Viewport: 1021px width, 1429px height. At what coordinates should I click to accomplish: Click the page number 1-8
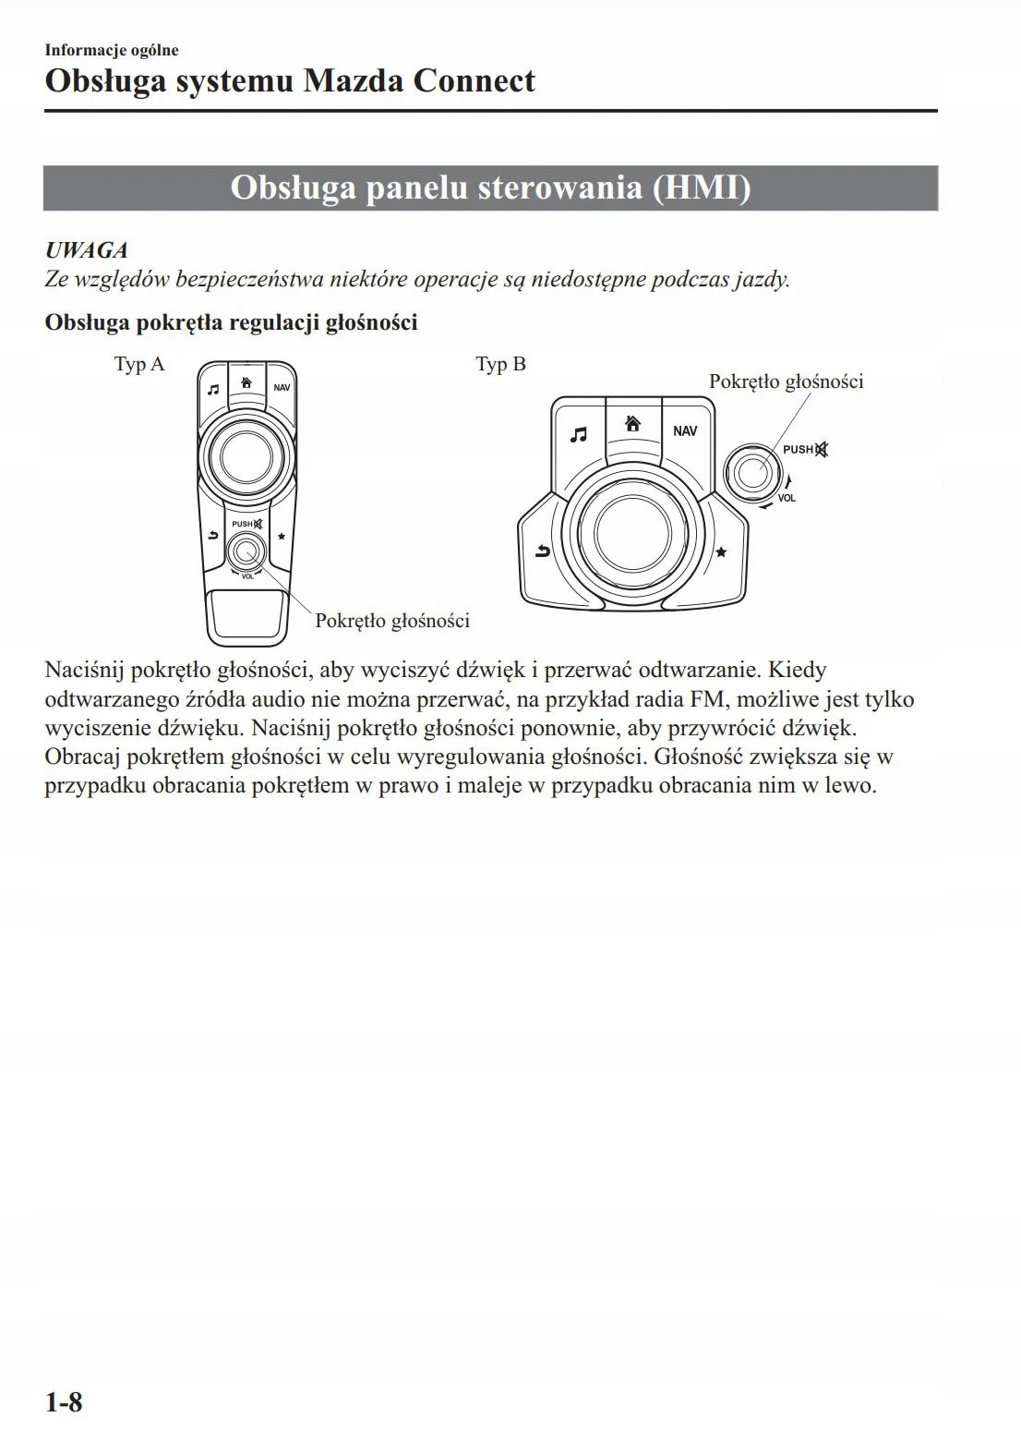pyautogui.click(x=64, y=1402)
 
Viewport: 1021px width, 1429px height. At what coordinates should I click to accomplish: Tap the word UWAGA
pyautogui.click(x=86, y=250)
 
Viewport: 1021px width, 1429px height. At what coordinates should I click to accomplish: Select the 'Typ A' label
pyautogui.click(x=139, y=364)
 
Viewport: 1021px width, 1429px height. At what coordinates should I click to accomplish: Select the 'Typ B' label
pyautogui.click(x=500, y=364)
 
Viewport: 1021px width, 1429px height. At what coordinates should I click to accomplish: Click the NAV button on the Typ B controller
pyautogui.click(x=685, y=431)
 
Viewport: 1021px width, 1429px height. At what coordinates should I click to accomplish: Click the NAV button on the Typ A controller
pyautogui.click(x=282, y=388)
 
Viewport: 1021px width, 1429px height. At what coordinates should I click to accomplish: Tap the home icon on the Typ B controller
pyautogui.click(x=633, y=424)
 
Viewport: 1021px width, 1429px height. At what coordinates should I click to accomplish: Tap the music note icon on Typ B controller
pyautogui.click(x=579, y=434)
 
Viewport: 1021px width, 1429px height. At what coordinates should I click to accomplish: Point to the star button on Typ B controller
pyautogui.click(x=721, y=552)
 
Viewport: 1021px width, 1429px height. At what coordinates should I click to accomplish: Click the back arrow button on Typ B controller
pyautogui.click(x=542, y=552)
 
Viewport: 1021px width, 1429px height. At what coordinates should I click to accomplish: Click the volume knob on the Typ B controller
pyautogui.click(x=752, y=473)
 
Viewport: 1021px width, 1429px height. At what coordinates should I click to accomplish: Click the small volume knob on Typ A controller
pyautogui.click(x=246, y=551)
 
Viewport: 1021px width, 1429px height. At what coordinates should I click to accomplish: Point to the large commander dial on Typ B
pyautogui.click(x=632, y=533)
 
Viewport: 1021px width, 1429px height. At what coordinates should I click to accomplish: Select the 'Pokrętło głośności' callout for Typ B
pyautogui.click(x=786, y=381)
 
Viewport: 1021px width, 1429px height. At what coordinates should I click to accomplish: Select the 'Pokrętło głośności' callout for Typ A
pyautogui.click(x=392, y=621)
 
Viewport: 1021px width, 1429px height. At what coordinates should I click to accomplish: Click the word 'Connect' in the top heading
pyautogui.click(x=474, y=81)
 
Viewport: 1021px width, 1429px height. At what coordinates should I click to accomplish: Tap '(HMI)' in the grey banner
pyautogui.click(x=702, y=188)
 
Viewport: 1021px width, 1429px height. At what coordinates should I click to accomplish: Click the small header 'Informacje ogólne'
pyautogui.click(x=112, y=50)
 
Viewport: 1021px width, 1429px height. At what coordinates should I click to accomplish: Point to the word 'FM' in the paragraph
pyautogui.click(x=707, y=699)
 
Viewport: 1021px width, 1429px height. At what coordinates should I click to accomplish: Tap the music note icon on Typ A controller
pyautogui.click(x=213, y=390)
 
